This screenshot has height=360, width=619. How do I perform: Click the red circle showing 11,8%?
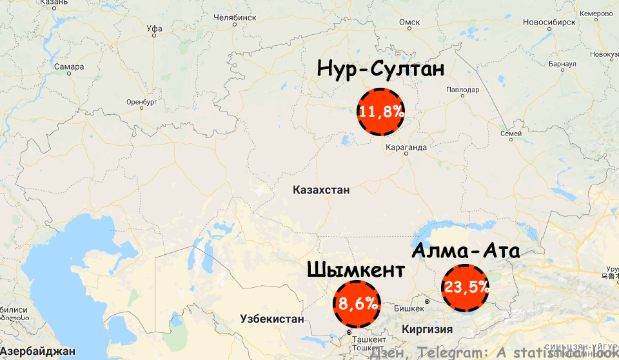pyautogui.click(x=381, y=111)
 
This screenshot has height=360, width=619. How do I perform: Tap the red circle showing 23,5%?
pyautogui.click(x=465, y=288)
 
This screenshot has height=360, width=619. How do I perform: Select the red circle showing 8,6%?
pyautogui.click(x=357, y=303)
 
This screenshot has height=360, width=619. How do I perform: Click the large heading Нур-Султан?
pyautogui.click(x=380, y=68)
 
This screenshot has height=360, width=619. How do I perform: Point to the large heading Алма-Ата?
pyautogui.click(x=466, y=250)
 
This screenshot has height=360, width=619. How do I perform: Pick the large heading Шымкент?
pyautogui.click(x=356, y=269)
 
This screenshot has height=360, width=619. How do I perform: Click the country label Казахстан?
pyautogui.click(x=320, y=190)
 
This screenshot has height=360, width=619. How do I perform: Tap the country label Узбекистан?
pyautogui.click(x=271, y=319)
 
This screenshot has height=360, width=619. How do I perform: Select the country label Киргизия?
pyautogui.click(x=427, y=329)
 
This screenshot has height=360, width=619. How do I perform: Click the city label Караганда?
pyautogui.click(x=405, y=148)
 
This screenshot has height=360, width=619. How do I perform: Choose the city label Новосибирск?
pyautogui.click(x=549, y=21)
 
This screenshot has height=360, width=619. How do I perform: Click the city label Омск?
pyautogui.click(x=409, y=23)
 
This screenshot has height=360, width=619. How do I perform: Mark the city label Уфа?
pyautogui.click(x=154, y=29)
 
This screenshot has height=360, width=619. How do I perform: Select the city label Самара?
pyautogui.click(x=69, y=66)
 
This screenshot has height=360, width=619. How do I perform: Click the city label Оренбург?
pyautogui.click(x=142, y=102)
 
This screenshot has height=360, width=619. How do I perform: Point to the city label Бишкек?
pyautogui.click(x=409, y=308)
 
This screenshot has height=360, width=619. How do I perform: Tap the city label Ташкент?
pyautogui.click(x=369, y=339)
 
